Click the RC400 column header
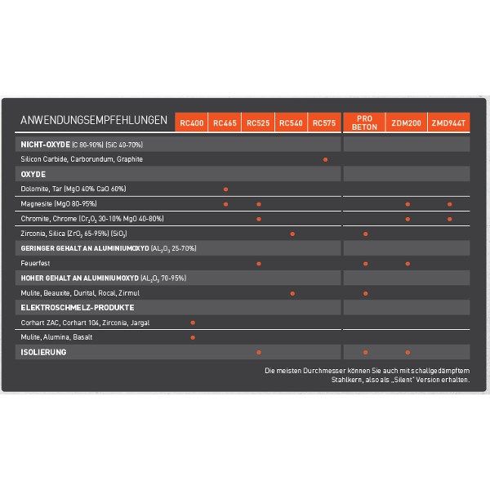click(191, 122)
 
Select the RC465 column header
click(225, 122)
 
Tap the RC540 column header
click(291, 122)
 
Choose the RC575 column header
click(323, 122)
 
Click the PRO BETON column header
click(363, 122)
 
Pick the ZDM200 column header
click(406, 122)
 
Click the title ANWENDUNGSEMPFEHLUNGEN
click(94, 121)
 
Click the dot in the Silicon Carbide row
click(325, 159)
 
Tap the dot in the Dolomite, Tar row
click(225, 189)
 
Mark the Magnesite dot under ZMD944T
click(449, 204)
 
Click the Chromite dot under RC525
click(258, 219)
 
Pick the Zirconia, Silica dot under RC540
click(292, 234)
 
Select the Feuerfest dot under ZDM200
click(407, 263)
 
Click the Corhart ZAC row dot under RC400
click(192, 323)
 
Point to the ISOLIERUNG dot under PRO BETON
click(365, 352)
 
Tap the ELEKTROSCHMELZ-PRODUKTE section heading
click(77, 308)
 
